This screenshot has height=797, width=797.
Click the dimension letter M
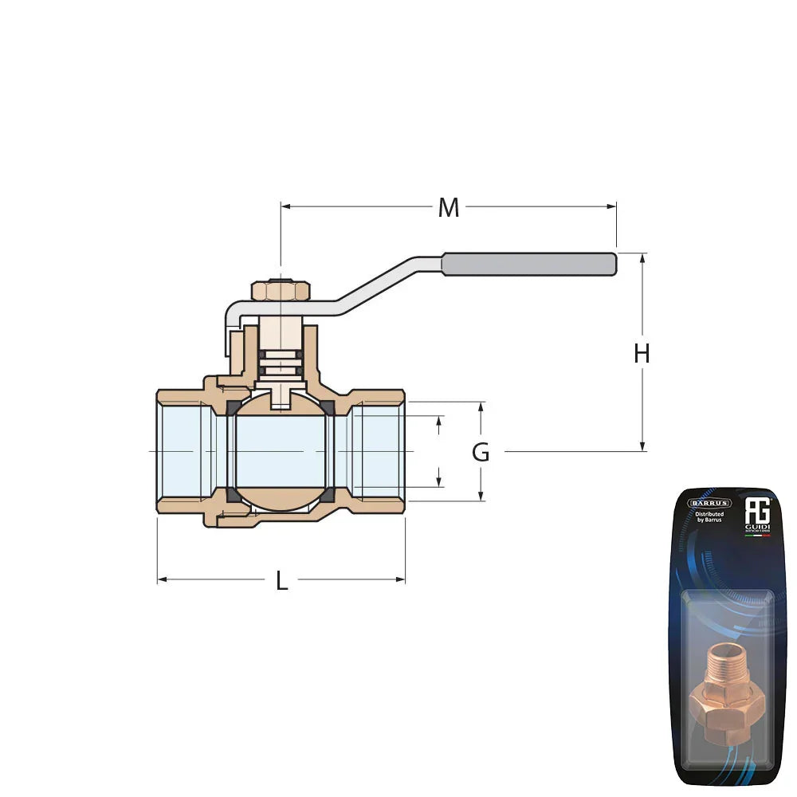pyautogui.click(x=449, y=208)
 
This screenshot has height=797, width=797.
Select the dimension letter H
pyautogui.click(x=642, y=353)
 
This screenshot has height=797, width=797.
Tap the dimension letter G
pyautogui.click(x=481, y=453)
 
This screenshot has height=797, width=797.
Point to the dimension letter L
pyautogui.click(x=281, y=581)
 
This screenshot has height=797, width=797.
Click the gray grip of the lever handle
pyautogui.click(x=529, y=264)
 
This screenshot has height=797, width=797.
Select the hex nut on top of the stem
pyautogui.click(x=280, y=290)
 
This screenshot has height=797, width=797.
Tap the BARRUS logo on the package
pyautogui.click(x=709, y=503)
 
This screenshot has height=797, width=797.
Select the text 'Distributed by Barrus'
pyautogui.click(x=709, y=517)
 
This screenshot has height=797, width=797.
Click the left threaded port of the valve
pyautogui.click(x=185, y=451)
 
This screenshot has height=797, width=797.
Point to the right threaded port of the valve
pyautogui.click(x=378, y=451)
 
